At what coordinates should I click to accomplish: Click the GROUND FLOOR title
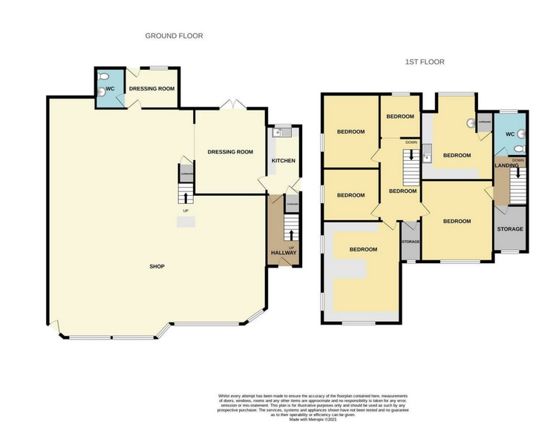pyautogui.click(x=174, y=36)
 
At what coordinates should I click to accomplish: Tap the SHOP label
pyautogui.click(x=156, y=266)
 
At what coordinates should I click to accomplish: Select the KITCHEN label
pyautogui.click(x=283, y=161)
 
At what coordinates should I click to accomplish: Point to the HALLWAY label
pyautogui.click(x=283, y=253)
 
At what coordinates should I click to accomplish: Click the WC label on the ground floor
pyautogui.click(x=110, y=89)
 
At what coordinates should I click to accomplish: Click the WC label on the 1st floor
pyautogui.click(x=509, y=134)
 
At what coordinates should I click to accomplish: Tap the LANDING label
pyautogui.click(x=507, y=165)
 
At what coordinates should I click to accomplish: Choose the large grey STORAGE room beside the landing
pyautogui.click(x=510, y=229)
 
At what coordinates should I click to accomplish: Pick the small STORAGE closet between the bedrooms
pyautogui.click(x=411, y=241)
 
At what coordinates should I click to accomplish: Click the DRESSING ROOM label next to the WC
pyautogui.click(x=151, y=89)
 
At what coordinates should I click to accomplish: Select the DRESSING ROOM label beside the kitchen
pyautogui.click(x=230, y=152)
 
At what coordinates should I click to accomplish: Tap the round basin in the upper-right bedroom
pyautogui.click(x=470, y=124)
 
